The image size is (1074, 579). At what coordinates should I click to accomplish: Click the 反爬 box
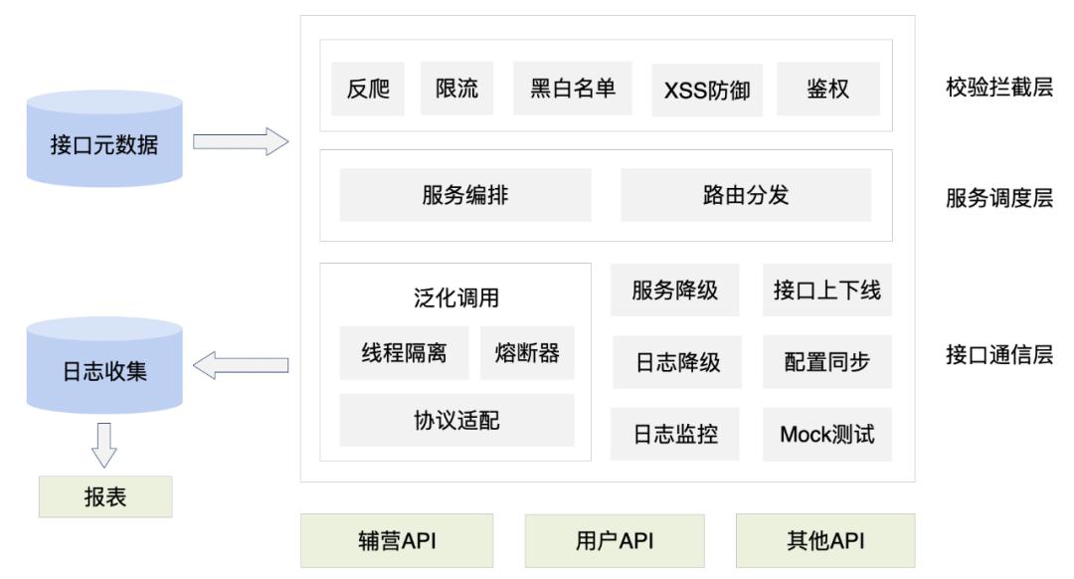click(362, 89)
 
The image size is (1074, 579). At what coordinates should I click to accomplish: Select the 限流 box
click(456, 89)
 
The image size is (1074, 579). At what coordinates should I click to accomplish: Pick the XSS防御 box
click(706, 91)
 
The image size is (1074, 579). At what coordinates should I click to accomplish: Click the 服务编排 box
click(464, 195)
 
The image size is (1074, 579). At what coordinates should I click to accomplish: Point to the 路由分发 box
click(745, 195)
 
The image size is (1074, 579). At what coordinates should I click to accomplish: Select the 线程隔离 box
click(404, 353)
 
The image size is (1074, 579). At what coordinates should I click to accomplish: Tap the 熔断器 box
click(527, 353)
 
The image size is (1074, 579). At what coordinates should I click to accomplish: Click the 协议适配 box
click(456, 420)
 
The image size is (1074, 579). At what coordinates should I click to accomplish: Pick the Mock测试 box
click(826, 434)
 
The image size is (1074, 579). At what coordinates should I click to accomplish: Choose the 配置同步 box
click(826, 363)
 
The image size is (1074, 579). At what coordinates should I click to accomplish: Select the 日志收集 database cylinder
click(104, 368)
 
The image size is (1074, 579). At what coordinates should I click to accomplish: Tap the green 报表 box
click(104, 496)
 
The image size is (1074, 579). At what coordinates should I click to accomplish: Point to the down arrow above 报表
click(104, 443)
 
